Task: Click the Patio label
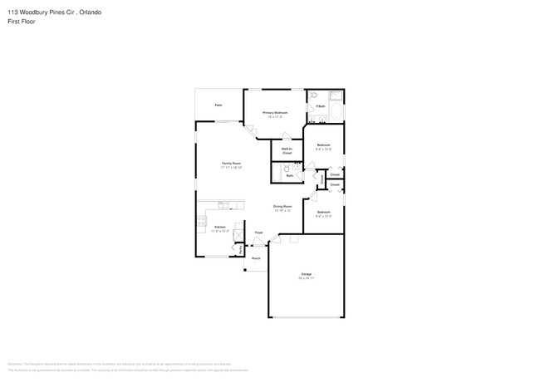(218, 105)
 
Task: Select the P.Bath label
(319, 106)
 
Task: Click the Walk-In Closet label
(287, 151)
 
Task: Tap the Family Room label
(231, 164)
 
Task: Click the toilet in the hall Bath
(277, 169)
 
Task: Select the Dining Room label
(282, 207)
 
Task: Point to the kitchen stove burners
(201, 221)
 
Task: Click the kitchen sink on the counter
(223, 203)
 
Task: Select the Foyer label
(259, 233)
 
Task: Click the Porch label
(256, 258)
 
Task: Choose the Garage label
(306, 275)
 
